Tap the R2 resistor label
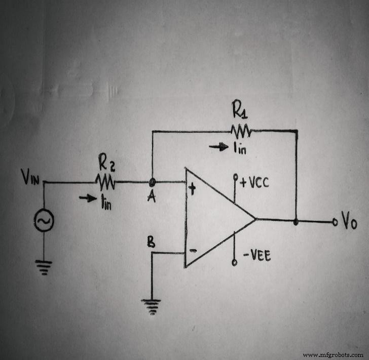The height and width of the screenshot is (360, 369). click(105, 163)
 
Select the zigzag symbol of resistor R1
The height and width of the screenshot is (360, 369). click(240, 131)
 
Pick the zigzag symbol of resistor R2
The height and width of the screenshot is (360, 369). click(106, 181)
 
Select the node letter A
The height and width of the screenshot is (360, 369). click(150, 197)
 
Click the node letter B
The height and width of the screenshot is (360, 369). click(151, 242)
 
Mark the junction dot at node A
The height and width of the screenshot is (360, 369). click(152, 181)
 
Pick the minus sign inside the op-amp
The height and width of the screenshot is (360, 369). click(192, 250)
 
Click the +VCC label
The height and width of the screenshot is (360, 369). click(254, 182)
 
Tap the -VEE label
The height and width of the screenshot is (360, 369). click(256, 257)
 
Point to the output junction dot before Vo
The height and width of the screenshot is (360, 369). click(296, 221)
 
